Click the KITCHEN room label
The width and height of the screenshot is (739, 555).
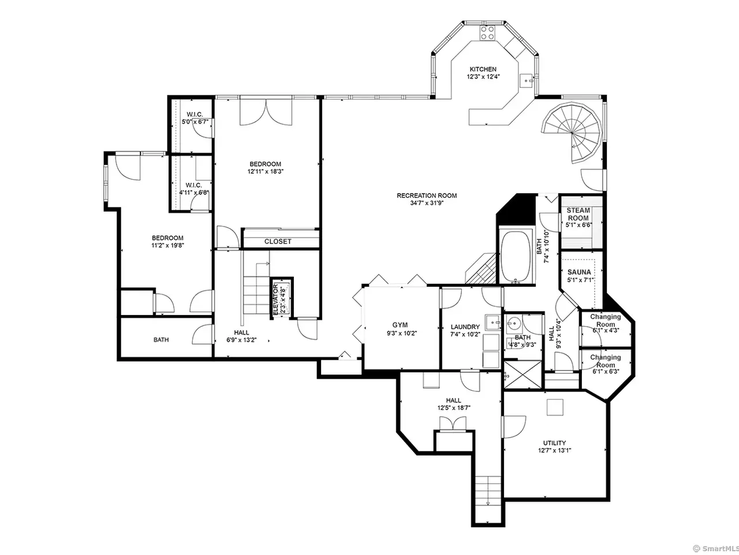(x=483, y=69)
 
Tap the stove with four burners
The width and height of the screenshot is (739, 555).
(x=487, y=33)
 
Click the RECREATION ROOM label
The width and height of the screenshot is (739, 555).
(x=427, y=195)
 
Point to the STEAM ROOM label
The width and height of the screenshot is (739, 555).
(x=578, y=214)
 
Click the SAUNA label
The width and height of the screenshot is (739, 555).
(x=579, y=272)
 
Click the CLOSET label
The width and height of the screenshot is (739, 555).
(x=278, y=242)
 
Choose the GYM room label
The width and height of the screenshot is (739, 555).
(x=400, y=325)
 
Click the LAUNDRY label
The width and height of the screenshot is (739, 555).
(x=465, y=327)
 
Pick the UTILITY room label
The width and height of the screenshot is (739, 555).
(x=554, y=443)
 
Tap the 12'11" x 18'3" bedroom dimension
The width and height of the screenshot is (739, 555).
(x=266, y=171)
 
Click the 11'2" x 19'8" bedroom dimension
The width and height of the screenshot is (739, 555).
(x=167, y=245)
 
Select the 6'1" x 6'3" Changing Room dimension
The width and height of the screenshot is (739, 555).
(x=605, y=372)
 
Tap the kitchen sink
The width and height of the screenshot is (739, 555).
(x=526, y=81)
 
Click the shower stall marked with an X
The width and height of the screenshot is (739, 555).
(x=523, y=375)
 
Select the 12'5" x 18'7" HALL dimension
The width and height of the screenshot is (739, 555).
(x=453, y=408)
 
